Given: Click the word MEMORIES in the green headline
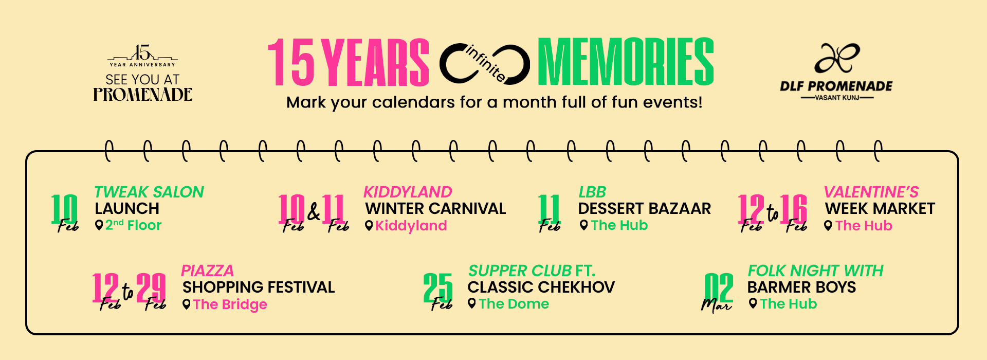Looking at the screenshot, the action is (626, 62).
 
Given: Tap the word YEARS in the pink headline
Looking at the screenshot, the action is (378, 62).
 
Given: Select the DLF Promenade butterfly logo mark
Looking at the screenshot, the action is (836, 58).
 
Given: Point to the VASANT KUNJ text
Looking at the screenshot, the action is (837, 97).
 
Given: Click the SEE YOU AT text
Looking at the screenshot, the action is (142, 80).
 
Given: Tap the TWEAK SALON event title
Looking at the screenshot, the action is (149, 192).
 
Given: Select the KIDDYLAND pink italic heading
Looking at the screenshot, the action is (408, 192).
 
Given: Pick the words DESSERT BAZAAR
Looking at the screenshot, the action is (645, 208).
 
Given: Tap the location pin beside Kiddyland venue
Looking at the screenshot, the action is (369, 225).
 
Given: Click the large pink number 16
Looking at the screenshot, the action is (793, 209).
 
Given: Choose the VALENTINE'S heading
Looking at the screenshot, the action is (871, 192).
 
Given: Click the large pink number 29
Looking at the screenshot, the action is (151, 287).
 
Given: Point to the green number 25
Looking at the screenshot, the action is (438, 287).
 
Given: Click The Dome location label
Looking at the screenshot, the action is (514, 304).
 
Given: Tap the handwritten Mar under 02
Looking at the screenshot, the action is (716, 305).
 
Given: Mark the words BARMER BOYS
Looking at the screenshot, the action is (802, 287).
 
